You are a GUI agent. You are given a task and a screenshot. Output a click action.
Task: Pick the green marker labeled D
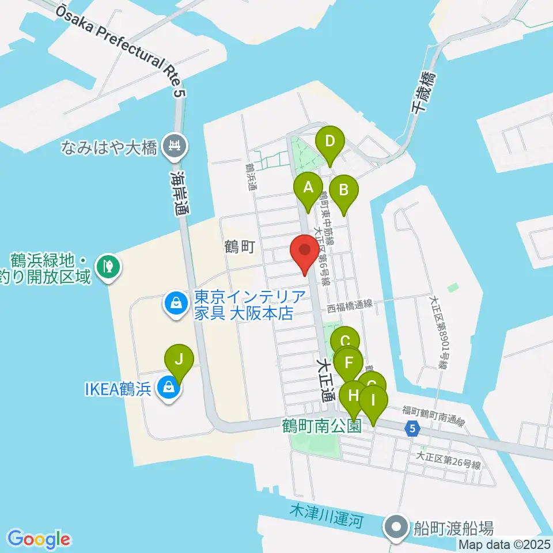[329, 141]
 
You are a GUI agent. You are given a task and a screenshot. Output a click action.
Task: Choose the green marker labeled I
[373, 399]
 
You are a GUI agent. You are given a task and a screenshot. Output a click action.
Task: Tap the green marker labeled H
[353, 396]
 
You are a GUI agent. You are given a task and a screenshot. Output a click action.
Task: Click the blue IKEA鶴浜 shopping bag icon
[168, 389]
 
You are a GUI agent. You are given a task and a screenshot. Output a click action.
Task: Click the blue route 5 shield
[411, 428]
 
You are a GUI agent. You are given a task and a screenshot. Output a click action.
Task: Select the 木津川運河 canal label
[327, 516]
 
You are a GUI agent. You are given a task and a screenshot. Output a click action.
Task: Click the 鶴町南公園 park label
[322, 426]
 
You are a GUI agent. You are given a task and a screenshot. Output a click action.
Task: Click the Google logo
[39, 539]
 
